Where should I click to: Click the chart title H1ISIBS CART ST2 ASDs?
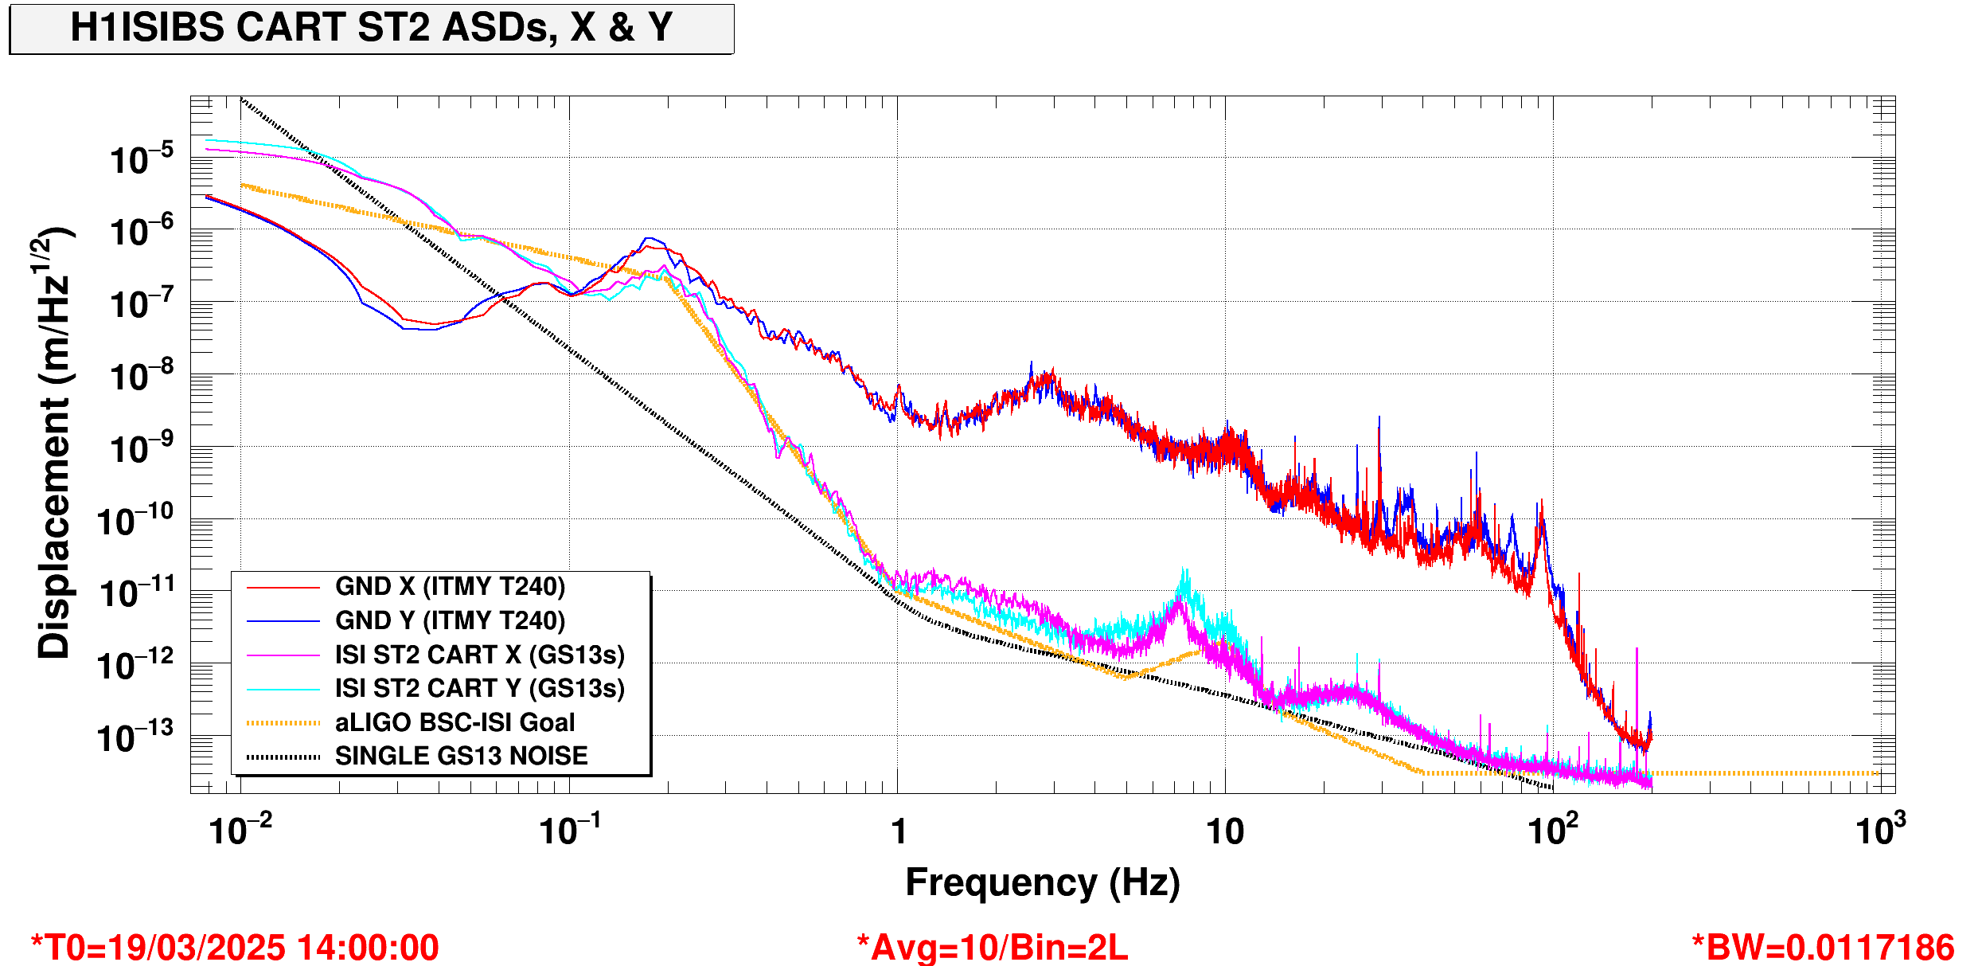372,27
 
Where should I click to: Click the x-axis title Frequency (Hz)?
1043,882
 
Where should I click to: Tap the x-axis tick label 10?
1225,832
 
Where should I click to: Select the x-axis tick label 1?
899,832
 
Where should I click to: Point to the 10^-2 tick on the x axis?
240,829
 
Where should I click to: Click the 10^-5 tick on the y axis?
141,158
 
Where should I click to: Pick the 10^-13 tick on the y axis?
135,736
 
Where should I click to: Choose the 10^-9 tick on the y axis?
141,448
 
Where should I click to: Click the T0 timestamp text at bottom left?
235,948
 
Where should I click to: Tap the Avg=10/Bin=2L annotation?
992,948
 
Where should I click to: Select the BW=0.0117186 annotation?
1823,948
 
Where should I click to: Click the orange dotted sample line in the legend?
283,723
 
